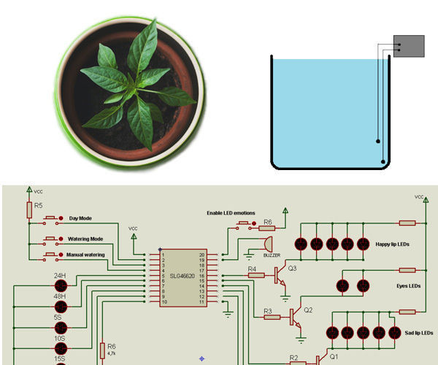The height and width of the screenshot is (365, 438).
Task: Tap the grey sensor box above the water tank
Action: pos(409,46)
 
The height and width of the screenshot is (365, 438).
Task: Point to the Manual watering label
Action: pos(87,255)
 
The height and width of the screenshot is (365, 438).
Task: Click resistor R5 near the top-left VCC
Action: pos(29,210)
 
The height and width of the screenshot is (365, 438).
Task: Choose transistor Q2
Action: pos(294,317)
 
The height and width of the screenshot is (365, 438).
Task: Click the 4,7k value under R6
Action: pos(111,353)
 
